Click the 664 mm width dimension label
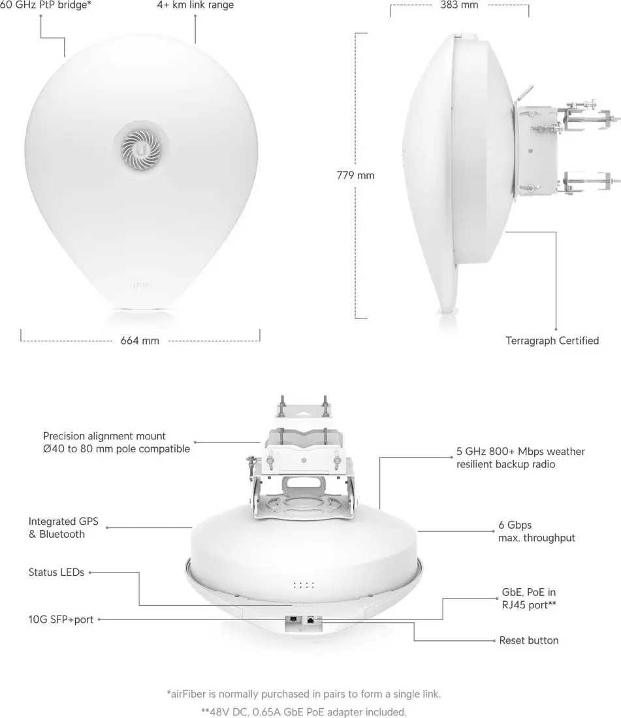[x=140, y=341]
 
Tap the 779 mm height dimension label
[x=355, y=176]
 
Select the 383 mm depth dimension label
[x=459, y=5]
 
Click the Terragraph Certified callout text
[x=552, y=341]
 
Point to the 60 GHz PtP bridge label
[x=45, y=5]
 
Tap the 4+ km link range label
[x=195, y=5]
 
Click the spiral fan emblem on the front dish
[x=141, y=149]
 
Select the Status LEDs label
[x=56, y=572]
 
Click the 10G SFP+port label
[x=61, y=619]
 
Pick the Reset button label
[x=529, y=640]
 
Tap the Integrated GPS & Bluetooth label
[x=63, y=527]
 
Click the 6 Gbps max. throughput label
[x=537, y=531]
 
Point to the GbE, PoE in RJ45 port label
[x=529, y=599]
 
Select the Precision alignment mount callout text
[x=116, y=443]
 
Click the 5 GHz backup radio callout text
[x=520, y=458]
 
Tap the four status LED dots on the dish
[x=304, y=585]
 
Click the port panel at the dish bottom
[x=303, y=623]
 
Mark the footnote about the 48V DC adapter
[x=304, y=712]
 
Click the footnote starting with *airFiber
[x=304, y=695]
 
